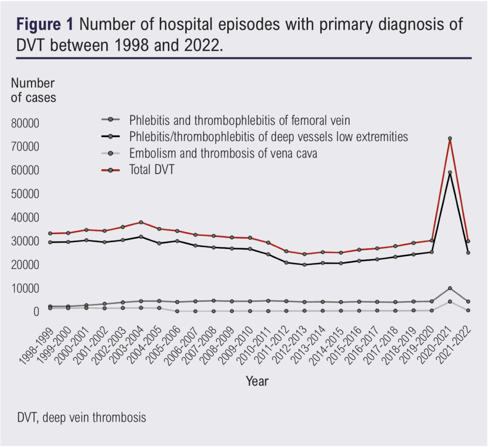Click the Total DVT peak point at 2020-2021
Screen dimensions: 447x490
(450, 139)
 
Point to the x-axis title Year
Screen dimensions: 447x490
(257, 381)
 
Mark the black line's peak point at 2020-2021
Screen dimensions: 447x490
(450, 172)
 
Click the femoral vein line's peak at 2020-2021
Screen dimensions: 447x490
(450, 288)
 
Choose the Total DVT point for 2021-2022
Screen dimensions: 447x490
(468, 241)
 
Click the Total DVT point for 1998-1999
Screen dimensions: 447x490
(50, 233)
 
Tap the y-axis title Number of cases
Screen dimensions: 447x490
(33, 90)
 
